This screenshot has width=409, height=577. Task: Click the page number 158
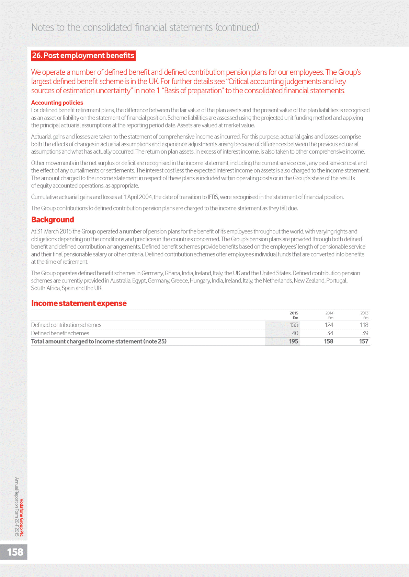tap(15, 552)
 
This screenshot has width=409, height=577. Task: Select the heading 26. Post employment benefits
tap(83, 56)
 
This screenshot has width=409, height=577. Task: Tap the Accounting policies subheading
tap(57, 103)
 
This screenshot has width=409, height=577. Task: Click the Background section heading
tap(53, 220)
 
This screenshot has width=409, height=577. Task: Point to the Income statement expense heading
tap(79, 303)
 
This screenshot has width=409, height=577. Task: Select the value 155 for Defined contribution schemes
tap(294, 325)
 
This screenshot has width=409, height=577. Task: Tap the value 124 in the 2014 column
tap(329, 325)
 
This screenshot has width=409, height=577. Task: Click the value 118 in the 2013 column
tap(364, 325)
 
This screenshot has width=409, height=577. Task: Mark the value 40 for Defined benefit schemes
tap(295, 333)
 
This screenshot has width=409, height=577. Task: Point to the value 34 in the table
tap(330, 333)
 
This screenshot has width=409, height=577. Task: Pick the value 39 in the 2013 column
tap(365, 333)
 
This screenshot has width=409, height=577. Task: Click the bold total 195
tap(293, 341)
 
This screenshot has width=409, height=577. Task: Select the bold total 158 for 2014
tap(329, 341)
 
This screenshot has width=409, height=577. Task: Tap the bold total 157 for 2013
tap(364, 341)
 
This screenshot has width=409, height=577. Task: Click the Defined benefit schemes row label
tap(60, 333)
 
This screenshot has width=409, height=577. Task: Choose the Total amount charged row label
tap(99, 341)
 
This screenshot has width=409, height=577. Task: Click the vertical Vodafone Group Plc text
tap(22, 517)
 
